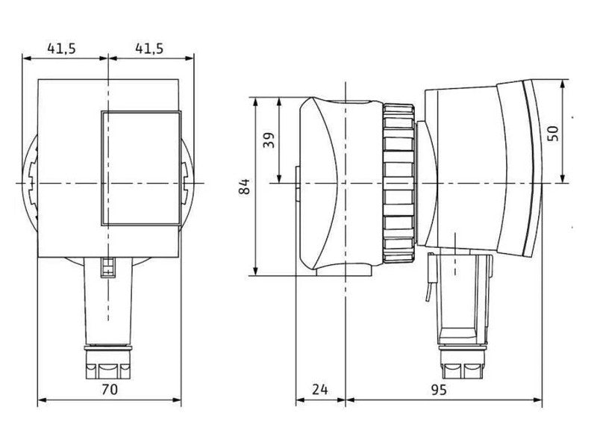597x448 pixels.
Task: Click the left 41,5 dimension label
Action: coord(61,49)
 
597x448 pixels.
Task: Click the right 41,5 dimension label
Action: coord(149,49)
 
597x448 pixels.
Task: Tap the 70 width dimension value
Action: coord(110,389)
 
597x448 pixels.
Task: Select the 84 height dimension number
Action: coord(245,186)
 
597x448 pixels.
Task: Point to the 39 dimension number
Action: coord(269,140)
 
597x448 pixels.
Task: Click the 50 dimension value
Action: coord(553,133)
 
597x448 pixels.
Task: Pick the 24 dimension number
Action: coord(320,389)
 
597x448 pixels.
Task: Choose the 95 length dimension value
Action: coord(438,389)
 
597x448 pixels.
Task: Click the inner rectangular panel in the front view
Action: coord(141,168)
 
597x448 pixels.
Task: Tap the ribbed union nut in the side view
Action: coord(399,183)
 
